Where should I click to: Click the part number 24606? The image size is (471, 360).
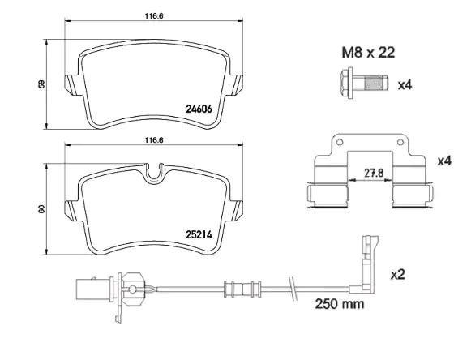click(x=199, y=109)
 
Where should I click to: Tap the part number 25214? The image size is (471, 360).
click(x=199, y=234)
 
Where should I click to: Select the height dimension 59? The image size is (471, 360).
click(x=42, y=84)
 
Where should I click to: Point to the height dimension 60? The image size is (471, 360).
click(x=42, y=209)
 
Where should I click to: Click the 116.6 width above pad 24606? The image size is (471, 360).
click(x=154, y=16)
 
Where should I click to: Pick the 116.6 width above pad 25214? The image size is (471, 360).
click(x=154, y=140)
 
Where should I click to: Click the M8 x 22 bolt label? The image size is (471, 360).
click(x=368, y=53)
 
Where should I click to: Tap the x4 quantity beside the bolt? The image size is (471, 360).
click(x=405, y=85)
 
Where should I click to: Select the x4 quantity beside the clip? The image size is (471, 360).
click(x=444, y=161)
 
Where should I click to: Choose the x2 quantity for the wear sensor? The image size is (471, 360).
click(x=398, y=274)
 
